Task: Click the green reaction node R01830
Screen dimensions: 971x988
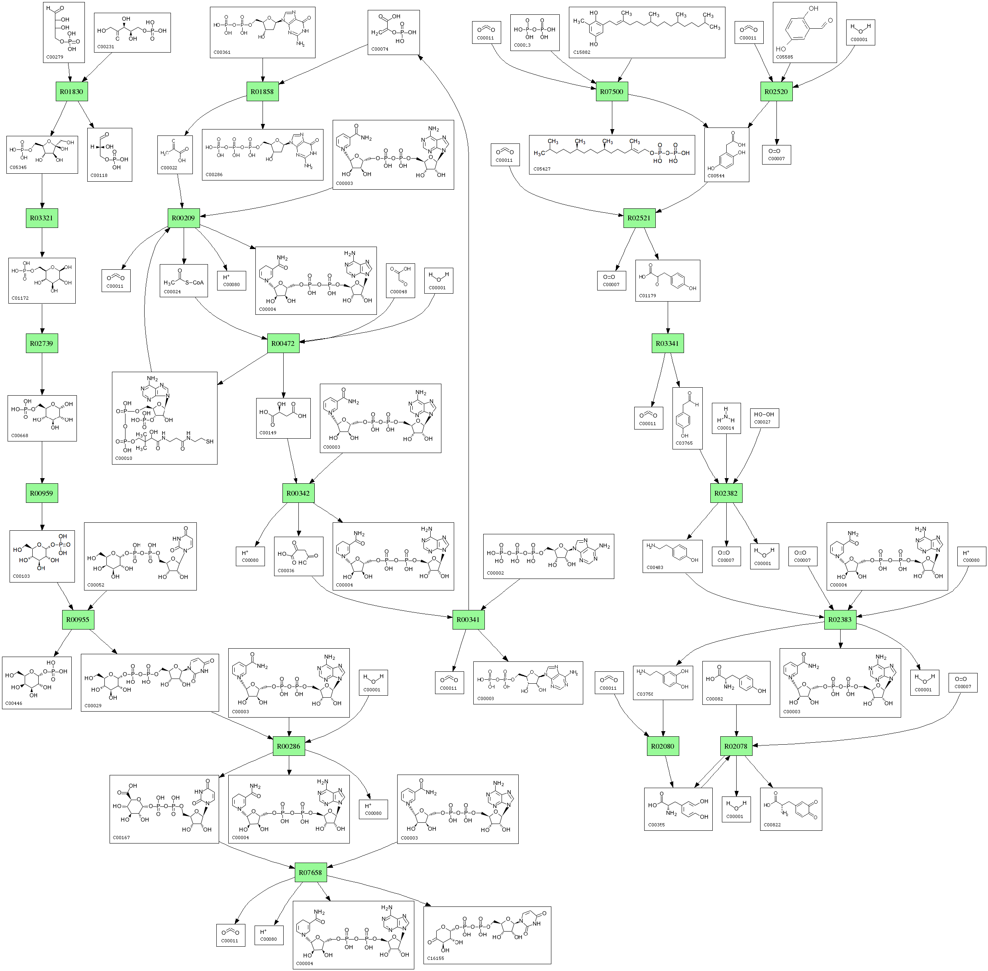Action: pos(71,92)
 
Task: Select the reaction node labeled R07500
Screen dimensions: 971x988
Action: pos(612,92)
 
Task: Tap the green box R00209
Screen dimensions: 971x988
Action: pos(183,218)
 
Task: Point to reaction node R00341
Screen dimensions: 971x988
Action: pos(468,620)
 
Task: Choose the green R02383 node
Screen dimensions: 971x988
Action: pos(840,620)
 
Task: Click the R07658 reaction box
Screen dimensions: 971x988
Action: pos(310,873)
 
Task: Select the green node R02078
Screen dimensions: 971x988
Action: pos(736,746)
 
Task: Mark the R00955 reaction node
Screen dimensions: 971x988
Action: pos(78,620)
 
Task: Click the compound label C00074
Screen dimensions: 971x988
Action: pos(380,49)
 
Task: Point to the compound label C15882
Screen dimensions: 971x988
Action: pos(582,53)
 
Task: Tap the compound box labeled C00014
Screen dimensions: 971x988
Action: pos(726,418)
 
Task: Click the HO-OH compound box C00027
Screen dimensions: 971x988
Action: pos(764,418)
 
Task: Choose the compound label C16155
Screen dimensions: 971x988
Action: pos(435,958)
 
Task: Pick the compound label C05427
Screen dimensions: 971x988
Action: pos(542,169)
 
